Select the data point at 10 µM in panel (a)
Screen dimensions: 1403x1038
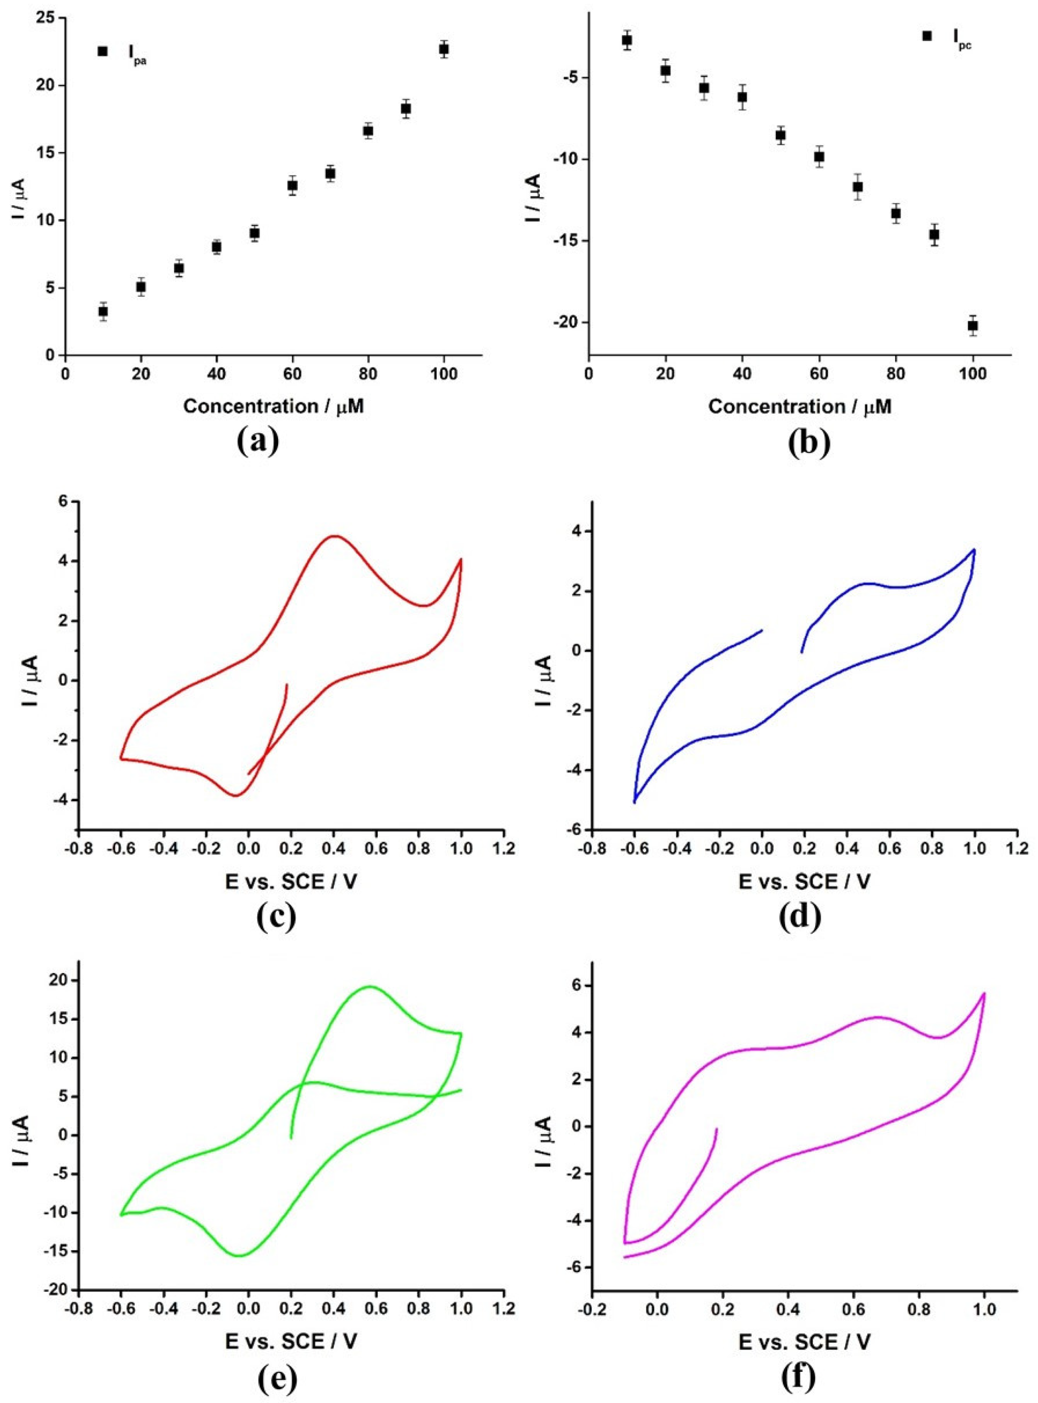[103, 311]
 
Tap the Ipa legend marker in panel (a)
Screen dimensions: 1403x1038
[102, 51]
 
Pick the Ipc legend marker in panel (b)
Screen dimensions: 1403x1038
[927, 36]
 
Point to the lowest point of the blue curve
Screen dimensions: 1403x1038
[635, 803]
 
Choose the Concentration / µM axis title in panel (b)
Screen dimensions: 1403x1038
[800, 407]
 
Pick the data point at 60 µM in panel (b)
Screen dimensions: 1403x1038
[818, 157]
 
